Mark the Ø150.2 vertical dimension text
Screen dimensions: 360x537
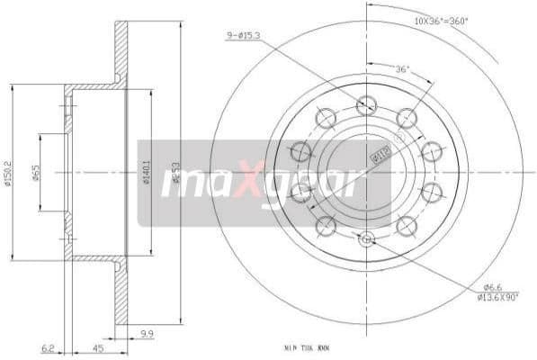point(7,174)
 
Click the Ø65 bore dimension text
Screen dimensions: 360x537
point(35,174)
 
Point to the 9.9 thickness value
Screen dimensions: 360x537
point(146,335)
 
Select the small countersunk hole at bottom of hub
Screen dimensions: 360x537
point(365,238)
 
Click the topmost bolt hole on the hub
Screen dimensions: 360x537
point(365,104)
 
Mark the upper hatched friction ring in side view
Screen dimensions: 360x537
point(121,49)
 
